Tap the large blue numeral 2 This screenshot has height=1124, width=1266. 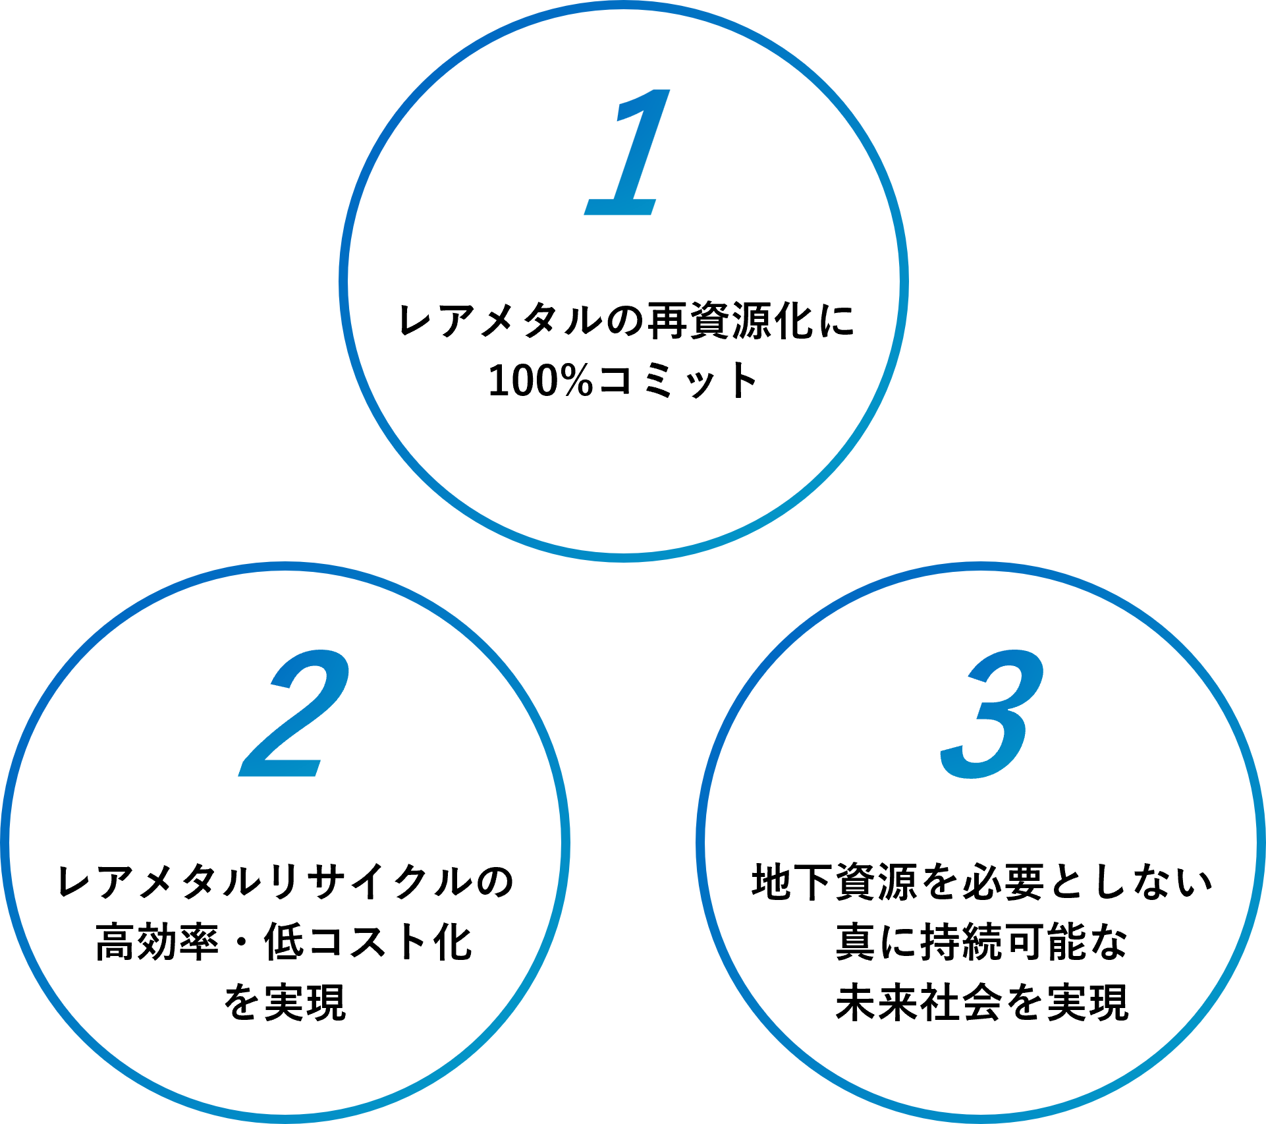[294, 713]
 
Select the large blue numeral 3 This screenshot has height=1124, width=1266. [992, 714]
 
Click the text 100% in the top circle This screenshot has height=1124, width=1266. [541, 381]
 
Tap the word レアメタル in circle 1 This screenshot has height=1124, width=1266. [501, 321]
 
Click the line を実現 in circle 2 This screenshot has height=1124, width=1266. [285, 1002]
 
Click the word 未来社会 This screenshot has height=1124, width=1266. [920, 1002]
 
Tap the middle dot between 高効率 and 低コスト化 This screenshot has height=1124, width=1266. [241, 942]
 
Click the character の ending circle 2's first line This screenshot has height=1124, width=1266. [494, 882]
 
